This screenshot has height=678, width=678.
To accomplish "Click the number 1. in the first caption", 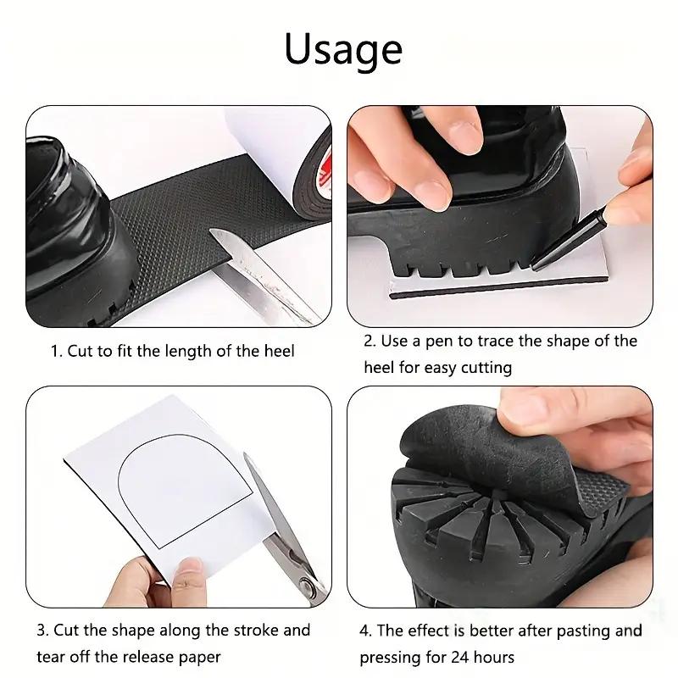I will (57, 350).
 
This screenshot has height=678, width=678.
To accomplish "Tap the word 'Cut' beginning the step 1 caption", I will (81, 350).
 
